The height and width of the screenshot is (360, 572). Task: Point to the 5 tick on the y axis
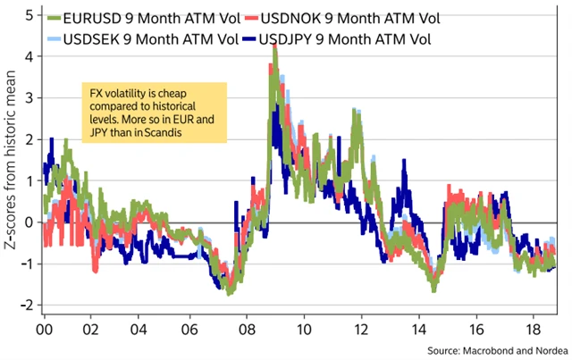pos(29,15)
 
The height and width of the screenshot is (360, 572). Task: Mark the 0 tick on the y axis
pos(29,222)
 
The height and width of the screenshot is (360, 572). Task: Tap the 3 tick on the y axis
pos(29,98)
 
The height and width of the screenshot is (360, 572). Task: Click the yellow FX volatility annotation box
pos(151,113)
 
